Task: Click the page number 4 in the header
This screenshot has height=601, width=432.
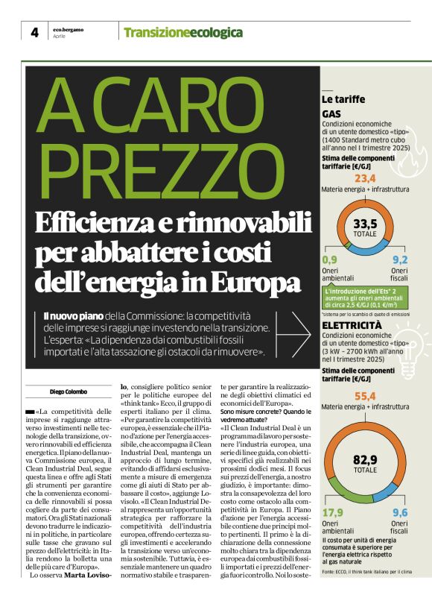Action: (34, 32)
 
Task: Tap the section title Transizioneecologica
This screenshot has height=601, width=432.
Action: (173, 33)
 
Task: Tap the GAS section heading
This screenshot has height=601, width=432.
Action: (331, 114)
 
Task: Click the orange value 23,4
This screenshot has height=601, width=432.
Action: (365, 179)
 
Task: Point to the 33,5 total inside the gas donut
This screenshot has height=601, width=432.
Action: (365, 223)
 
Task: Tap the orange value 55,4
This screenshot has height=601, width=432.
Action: (365, 396)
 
